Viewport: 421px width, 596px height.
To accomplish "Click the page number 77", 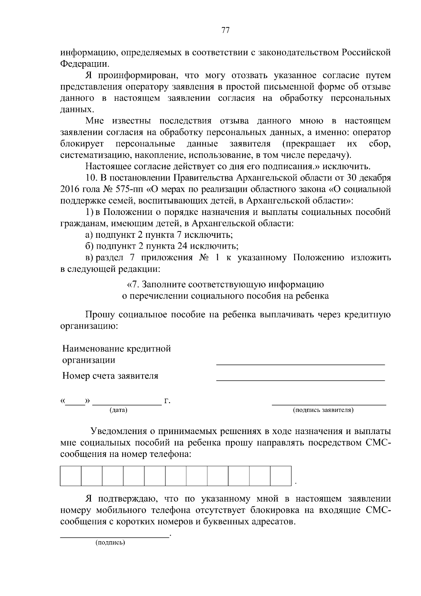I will click(225, 30).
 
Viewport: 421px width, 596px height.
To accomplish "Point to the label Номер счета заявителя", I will click(110, 376).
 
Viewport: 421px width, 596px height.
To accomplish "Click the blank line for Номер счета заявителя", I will click(300, 380).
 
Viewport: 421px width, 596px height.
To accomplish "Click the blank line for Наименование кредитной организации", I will click(300, 364).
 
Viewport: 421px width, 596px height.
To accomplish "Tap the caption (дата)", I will click(118, 410).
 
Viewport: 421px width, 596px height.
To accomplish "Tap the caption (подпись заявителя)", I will click(323, 410).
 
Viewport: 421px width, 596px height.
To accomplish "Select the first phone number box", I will click(71, 476).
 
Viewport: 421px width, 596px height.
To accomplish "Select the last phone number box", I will click(281, 476).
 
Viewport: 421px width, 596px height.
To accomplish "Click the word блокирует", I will click(82, 144).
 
